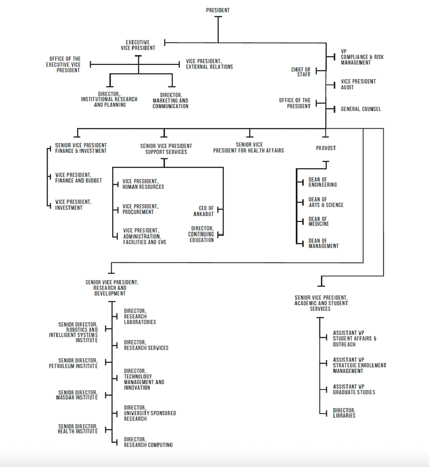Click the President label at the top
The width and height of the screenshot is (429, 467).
click(x=217, y=10)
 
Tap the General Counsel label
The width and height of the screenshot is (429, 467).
click(x=361, y=109)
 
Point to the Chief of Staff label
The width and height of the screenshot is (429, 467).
click(x=301, y=72)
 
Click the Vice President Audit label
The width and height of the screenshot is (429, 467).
click(x=358, y=84)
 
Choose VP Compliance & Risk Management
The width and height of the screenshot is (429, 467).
click(x=362, y=57)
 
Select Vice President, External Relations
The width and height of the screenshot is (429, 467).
click(x=209, y=64)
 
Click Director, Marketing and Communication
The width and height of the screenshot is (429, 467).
click(x=170, y=101)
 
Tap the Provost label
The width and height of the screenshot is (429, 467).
click(x=325, y=148)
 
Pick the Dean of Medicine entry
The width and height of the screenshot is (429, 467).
click(x=319, y=221)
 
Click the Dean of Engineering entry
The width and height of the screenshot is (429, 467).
click(x=323, y=182)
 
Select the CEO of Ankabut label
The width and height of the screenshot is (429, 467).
click(x=203, y=211)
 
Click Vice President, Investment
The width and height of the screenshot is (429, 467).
click(x=73, y=205)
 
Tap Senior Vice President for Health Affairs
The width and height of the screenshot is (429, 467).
click(x=249, y=148)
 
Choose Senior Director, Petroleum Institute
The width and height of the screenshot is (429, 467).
click(x=78, y=363)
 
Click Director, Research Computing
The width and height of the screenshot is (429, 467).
click(x=148, y=442)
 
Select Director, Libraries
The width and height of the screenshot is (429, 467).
click(x=344, y=413)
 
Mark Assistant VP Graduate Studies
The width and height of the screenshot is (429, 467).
click(x=354, y=389)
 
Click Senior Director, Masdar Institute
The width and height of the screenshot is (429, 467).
click(x=78, y=395)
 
